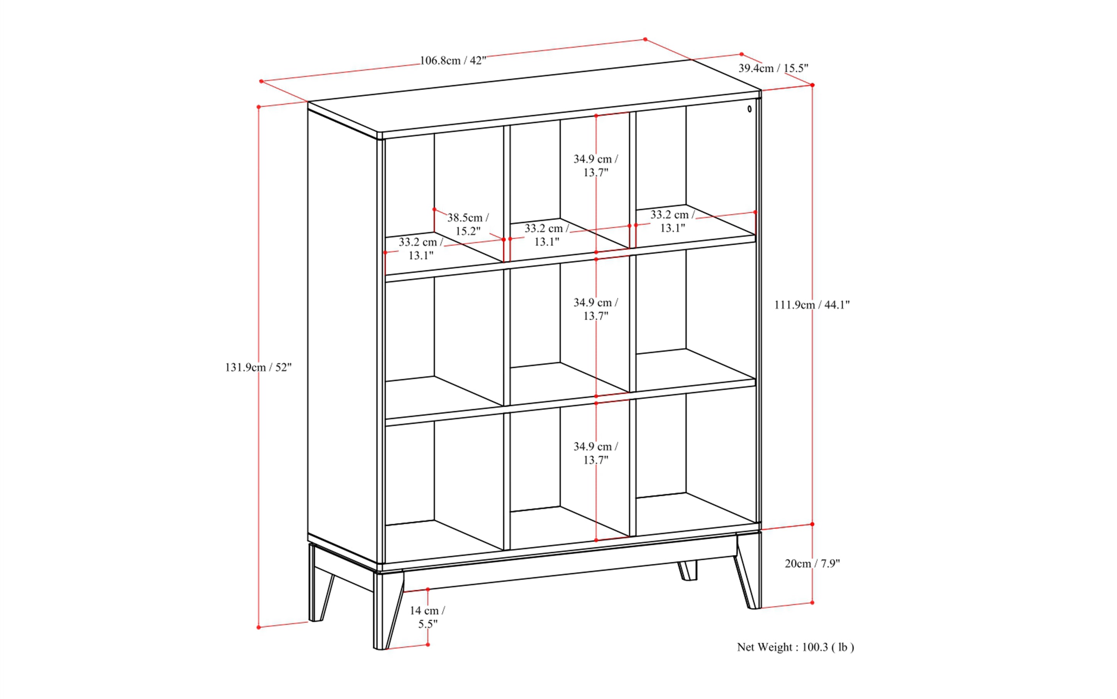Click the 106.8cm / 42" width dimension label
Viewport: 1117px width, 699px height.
453,61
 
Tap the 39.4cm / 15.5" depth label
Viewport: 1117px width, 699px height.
773,68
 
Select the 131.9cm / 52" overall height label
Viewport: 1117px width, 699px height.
258,368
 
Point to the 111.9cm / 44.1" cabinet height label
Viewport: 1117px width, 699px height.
812,305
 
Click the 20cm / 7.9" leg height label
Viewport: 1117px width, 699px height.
812,563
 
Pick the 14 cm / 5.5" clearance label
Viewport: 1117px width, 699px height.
427,617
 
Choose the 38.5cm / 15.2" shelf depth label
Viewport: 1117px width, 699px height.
468,224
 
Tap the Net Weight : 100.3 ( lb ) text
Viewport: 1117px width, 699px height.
795,647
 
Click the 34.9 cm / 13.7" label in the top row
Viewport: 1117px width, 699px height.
596,166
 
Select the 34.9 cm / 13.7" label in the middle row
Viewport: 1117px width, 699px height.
596,309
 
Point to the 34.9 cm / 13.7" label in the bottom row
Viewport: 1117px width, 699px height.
596,453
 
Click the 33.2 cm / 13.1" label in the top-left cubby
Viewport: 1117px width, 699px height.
421,249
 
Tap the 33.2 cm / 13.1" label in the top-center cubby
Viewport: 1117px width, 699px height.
547,235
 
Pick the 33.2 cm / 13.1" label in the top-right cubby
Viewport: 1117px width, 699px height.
673,221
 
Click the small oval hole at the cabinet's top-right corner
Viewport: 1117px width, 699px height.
749,109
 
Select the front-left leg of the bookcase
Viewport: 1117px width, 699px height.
387,610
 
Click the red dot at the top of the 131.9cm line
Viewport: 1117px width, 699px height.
259,107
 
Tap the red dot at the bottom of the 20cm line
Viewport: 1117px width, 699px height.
812,602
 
